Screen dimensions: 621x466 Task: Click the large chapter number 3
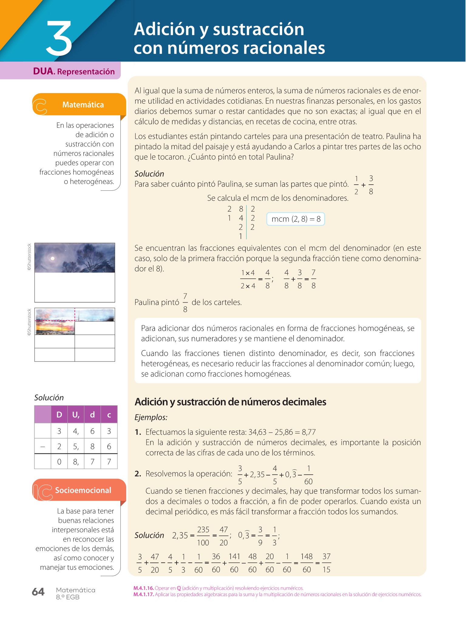tap(59, 39)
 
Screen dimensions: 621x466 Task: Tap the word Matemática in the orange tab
tap(83, 105)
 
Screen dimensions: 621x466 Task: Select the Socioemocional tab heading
tap(83, 490)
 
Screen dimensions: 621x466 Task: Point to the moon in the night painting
tap(52, 258)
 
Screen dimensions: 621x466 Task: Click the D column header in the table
tap(59, 415)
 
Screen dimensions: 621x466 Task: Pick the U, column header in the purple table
tap(76, 415)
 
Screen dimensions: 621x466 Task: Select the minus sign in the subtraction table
tap(43, 446)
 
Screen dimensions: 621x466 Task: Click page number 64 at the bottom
tap(38, 592)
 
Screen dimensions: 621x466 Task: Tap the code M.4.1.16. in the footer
tap(144, 588)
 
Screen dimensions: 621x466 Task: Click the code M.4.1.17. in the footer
tap(144, 594)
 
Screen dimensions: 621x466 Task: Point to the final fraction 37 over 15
tap(326, 563)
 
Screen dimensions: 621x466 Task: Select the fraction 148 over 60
tap(306, 563)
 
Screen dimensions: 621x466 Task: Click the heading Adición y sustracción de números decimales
tap(230, 402)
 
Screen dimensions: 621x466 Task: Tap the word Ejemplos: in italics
tap(151, 417)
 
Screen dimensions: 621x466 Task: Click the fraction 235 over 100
tap(203, 536)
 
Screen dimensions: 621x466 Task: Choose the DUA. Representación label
tap(74, 71)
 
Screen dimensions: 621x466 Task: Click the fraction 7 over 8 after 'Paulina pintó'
tap(185, 303)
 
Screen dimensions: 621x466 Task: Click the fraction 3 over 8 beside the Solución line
tap(371, 185)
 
